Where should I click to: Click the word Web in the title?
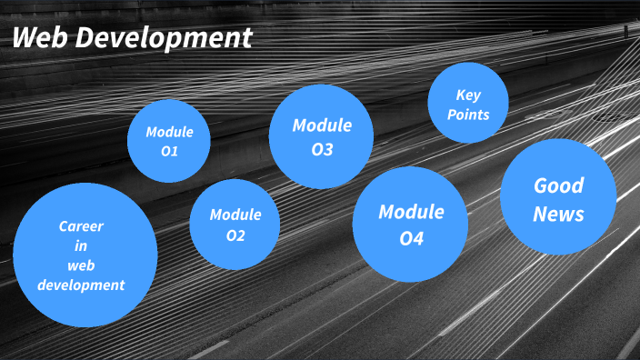pos(39,38)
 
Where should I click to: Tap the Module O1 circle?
pos(169,141)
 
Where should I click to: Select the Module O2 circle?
pos(235,225)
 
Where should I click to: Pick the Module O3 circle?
pos(322,136)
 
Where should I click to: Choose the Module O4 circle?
pos(411,225)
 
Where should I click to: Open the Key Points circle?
pos(467,104)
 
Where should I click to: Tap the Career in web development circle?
pos(85,255)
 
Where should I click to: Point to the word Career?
pos(82,226)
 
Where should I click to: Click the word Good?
pos(558,185)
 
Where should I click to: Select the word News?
pos(558,215)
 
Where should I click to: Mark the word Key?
pos(468,95)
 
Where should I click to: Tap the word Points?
pos(468,115)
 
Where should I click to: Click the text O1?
pos(169,152)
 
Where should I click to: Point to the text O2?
pos(235,236)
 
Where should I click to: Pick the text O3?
pos(322,149)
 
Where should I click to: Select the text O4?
pos(411,240)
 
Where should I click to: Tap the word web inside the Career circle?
pos(82,265)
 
